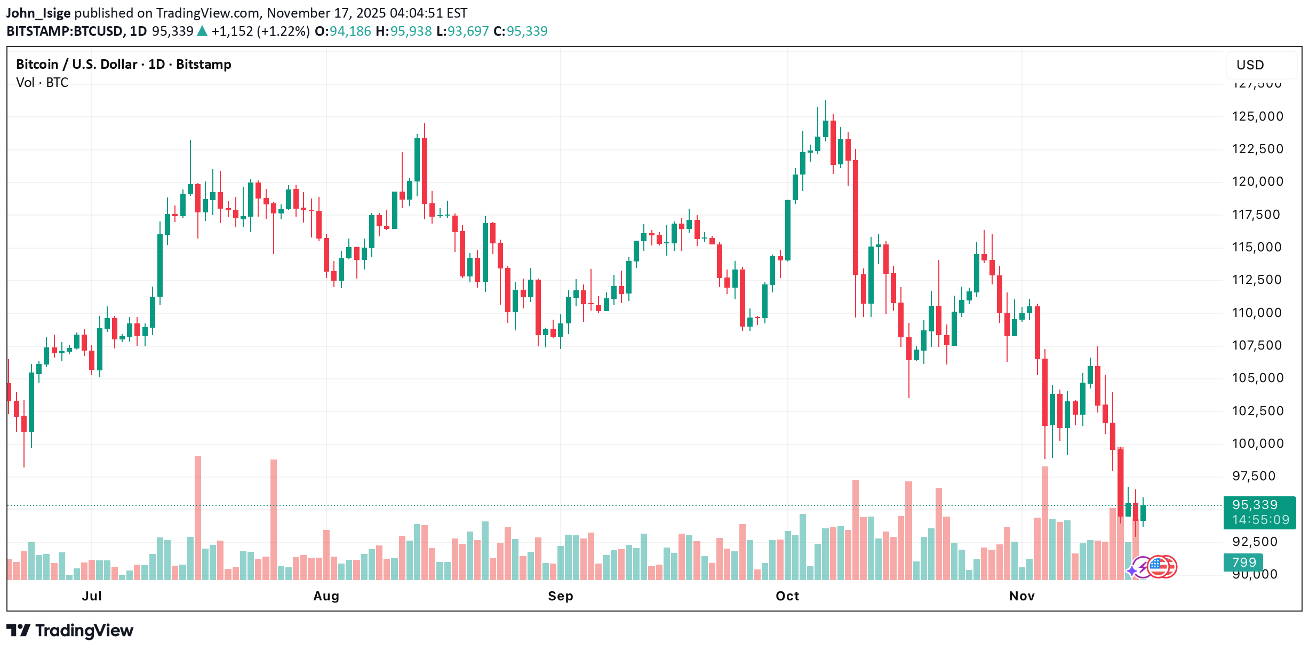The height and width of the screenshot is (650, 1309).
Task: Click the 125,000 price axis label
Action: click(1257, 116)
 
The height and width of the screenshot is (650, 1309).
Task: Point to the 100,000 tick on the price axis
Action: click(1257, 443)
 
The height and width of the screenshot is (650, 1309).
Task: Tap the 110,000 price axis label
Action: click(1257, 313)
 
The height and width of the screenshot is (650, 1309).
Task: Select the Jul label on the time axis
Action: click(92, 596)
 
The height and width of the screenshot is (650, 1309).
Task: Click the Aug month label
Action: click(326, 596)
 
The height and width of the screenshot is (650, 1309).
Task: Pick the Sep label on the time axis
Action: click(560, 596)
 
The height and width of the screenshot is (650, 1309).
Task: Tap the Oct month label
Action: click(787, 596)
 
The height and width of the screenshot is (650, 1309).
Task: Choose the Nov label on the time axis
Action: click(1021, 596)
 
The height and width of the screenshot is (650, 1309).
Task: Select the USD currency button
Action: click(1250, 65)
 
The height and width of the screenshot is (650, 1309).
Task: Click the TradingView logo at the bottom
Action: click(70, 631)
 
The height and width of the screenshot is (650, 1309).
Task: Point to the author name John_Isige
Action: click(38, 13)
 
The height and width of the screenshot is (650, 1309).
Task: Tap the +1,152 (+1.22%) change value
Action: click(260, 31)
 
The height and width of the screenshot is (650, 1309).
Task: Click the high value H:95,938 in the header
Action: click(404, 31)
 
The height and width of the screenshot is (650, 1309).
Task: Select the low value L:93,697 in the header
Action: click(462, 31)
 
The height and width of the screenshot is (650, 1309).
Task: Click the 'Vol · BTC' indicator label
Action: click(42, 83)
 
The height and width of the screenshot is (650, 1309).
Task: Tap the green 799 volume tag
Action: click(1243, 562)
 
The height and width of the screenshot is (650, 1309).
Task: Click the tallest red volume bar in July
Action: click(198, 518)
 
